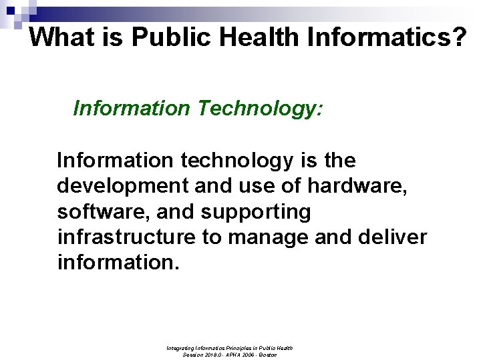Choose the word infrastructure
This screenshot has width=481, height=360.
125,237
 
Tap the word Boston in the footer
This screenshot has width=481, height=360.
267,355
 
